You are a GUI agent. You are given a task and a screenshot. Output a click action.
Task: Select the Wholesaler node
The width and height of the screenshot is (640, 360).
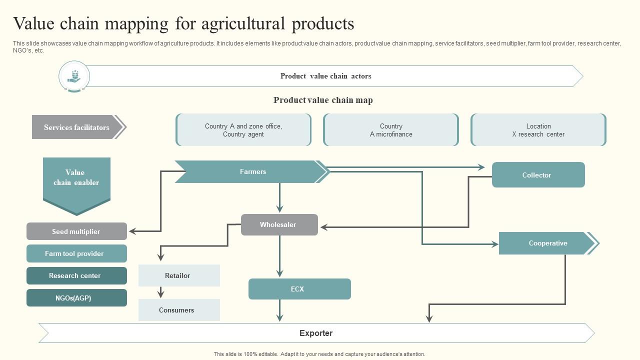(x=279, y=225)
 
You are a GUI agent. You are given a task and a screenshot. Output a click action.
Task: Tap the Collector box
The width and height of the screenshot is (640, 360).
(x=538, y=175)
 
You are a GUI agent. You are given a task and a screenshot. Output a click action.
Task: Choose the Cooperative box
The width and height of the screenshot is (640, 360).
(x=547, y=243)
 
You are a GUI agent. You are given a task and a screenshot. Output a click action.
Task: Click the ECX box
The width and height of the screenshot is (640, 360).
(x=299, y=289)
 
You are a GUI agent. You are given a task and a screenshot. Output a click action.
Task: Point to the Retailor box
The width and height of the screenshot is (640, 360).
(x=178, y=275)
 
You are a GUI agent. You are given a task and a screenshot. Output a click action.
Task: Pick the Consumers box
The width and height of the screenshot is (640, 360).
(x=178, y=310)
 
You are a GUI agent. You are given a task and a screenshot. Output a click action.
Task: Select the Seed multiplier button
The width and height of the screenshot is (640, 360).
(x=76, y=231)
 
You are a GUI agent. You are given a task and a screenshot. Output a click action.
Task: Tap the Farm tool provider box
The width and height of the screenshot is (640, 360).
(x=76, y=253)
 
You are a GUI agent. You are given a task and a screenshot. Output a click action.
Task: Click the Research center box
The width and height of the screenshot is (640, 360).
(x=76, y=275)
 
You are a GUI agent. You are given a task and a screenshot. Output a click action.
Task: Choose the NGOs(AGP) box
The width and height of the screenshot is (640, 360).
(x=76, y=298)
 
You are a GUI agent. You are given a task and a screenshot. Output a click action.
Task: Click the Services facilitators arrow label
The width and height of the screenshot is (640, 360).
(x=76, y=127)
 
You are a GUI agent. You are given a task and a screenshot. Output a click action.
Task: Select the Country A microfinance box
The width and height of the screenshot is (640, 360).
(x=391, y=130)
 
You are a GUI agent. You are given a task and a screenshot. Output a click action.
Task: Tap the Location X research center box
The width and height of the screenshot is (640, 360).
(x=538, y=130)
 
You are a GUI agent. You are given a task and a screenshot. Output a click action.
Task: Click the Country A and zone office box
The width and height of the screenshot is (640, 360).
(x=243, y=130)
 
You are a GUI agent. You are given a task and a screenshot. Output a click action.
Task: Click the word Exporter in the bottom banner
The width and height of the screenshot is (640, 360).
(x=316, y=333)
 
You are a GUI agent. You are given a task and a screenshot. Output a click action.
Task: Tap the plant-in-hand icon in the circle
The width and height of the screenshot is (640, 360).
(x=74, y=76)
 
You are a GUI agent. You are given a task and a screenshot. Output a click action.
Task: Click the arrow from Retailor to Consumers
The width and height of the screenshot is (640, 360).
(x=161, y=292)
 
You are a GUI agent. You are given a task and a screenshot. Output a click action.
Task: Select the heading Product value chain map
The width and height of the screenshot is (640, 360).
(x=323, y=100)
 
